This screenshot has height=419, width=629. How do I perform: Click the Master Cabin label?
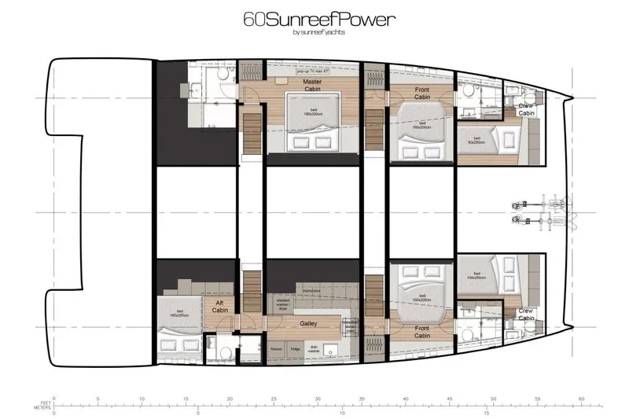tap(312, 84)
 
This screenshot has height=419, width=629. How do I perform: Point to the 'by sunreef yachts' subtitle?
tap(318, 32)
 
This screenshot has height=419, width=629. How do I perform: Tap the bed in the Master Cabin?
tap(313, 126)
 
